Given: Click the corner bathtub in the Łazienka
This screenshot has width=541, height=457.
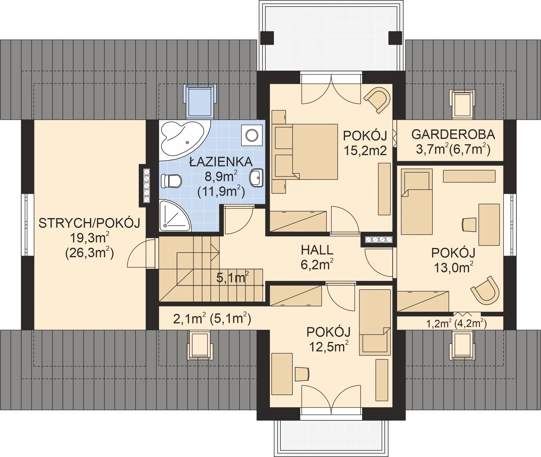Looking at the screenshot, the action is pos(182,140).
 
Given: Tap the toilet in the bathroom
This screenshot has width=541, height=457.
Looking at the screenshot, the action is pos(171,181).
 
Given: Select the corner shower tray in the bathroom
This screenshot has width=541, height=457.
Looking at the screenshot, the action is pos(174,216).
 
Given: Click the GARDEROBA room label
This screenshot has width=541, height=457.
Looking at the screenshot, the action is pos(453,135).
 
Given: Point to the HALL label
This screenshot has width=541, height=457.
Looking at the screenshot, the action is pos(317,250).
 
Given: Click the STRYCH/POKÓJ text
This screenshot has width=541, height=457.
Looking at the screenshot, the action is pos(89,223).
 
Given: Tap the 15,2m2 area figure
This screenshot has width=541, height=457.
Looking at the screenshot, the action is pos(365,151).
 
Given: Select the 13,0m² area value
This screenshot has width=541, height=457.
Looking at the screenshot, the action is pos(453,268).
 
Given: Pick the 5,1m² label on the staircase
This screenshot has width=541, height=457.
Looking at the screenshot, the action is pos(232,278).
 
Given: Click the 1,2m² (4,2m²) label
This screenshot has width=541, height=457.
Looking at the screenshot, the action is pos(457,323).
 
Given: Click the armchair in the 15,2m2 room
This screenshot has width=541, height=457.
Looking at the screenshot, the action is pos(377,100).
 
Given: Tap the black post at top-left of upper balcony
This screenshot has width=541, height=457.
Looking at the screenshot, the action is pos(267,38).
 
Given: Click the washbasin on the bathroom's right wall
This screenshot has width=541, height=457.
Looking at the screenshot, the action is pos(256,178).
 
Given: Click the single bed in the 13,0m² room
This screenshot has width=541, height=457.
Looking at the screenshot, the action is pos(416,201).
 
